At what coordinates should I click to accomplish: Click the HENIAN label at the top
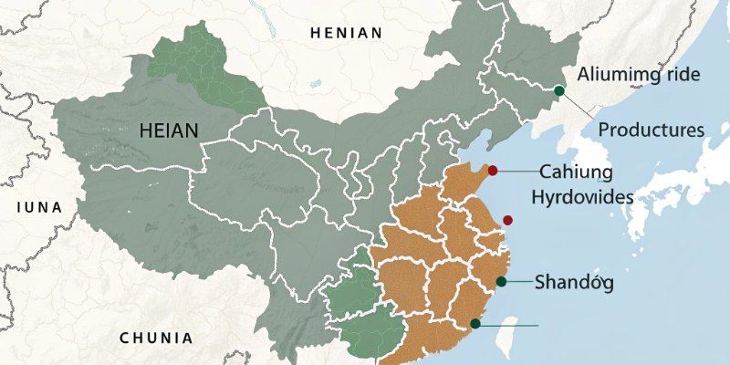pyautogui.click(x=346, y=33)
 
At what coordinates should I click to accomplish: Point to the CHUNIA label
pyautogui.click(x=156, y=339)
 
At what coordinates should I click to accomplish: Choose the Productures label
pyautogui.click(x=651, y=130)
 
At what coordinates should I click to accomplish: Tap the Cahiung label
pyautogui.click(x=579, y=171)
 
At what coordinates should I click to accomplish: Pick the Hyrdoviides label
pyautogui.click(x=582, y=195)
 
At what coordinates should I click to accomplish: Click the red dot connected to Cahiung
pyautogui.click(x=493, y=170)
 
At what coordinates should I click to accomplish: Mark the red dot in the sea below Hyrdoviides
pyautogui.click(x=507, y=220)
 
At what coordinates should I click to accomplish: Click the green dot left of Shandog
pyautogui.click(x=501, y=282)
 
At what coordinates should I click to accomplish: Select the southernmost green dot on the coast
pyautogui.click(x=474, y=324)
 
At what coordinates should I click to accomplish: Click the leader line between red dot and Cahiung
pyautogui.click(x=516, y=171)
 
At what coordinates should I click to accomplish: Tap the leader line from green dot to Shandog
pyautogui.click(x=518, y=282)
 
